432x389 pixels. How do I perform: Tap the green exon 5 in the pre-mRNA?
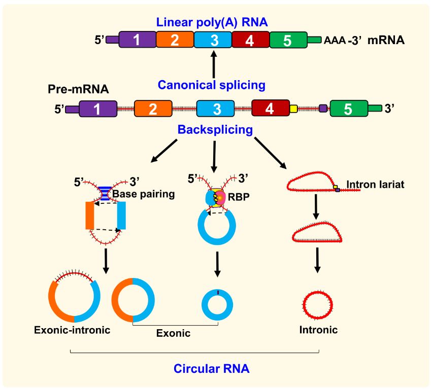348,109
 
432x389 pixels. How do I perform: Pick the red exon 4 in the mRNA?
250,40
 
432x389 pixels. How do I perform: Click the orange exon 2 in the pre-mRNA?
153,109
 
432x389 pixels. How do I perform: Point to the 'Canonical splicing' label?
211,85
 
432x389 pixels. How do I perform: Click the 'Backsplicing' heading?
215,129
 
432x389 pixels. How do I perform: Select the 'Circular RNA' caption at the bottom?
211,368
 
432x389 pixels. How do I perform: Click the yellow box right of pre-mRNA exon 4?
293,108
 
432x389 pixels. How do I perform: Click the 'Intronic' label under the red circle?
319,330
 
